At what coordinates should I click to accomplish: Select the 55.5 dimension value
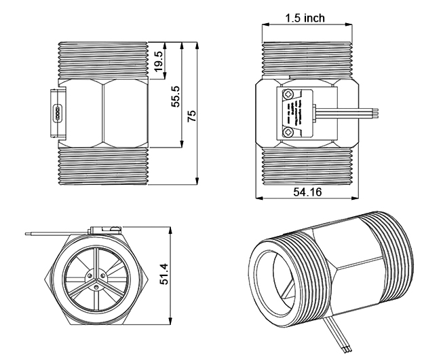[x=176, y=96]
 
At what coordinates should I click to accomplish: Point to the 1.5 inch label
[x=305, y=17]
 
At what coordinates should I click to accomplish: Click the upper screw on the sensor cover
[x=290, y=94]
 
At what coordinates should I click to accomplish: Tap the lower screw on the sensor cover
[x=290, y=132]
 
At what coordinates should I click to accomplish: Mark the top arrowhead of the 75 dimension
[x=198, y=45]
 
